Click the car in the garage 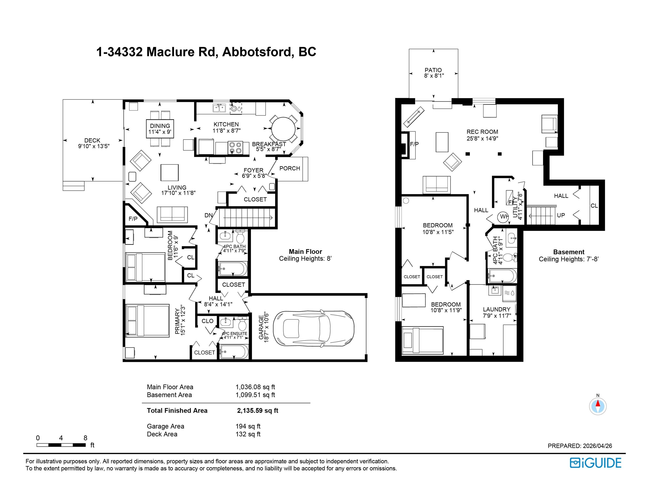click(314, 329)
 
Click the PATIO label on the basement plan click(433, 70)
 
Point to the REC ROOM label click(482, 132)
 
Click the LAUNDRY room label click(497, 309)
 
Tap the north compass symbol click(598, 406)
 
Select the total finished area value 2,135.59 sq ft click(258, 411)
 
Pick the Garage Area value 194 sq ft click(248, 426)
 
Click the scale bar click(61, 445)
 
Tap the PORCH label click(290, 168)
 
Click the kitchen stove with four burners click(235, 148)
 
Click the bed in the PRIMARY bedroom click(147, 321)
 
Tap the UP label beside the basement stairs click(561, 215)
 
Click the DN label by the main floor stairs click(209, 215)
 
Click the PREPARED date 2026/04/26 click(597, 446)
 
